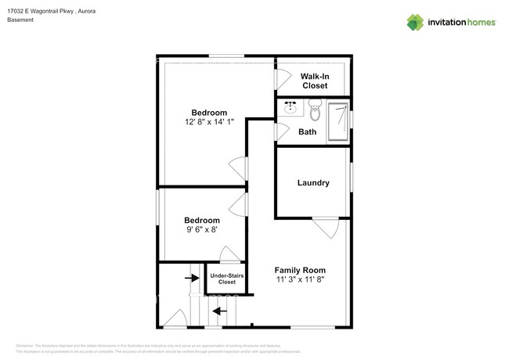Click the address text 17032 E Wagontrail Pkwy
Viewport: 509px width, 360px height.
pyautogui.click(x=47, y=10)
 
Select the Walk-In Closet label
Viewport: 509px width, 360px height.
pyautogui.click(x=314, y=81)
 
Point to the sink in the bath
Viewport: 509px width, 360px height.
pyautogui.click(x=290, y=107)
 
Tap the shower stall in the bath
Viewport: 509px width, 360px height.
pyautogui.click(x=338, y=121)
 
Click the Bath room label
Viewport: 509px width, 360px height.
pyautogui.click(x=308, y=131)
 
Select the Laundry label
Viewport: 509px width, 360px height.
pyautogui.click(x=312, y=182)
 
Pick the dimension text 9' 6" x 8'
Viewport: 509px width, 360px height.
pyautogui.click(x=202, y=230)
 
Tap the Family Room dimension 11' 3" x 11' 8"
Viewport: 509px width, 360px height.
pyautogui.click(x=300, y=279)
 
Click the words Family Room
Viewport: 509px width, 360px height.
pyautogui.click(x=300, y=270)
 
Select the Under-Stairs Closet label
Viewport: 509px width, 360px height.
pyautogui.click(x=227, y=279)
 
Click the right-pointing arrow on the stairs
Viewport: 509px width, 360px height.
pyautogui.click(x=191, y=277)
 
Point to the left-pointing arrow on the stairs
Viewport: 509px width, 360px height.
pyautogui.click(x=221, y=310)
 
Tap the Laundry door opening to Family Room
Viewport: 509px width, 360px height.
pyautogui.click(x=325, y=228)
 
